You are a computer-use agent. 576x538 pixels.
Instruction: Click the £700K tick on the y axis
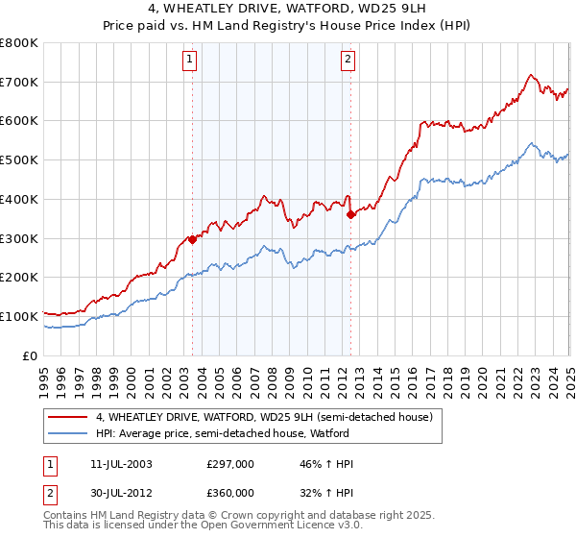pos(20,83)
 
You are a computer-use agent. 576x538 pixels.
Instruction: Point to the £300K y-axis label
pos(20,238)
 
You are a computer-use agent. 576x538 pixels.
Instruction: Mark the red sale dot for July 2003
pos(192,240)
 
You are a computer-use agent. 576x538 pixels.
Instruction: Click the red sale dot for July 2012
pos(350,215)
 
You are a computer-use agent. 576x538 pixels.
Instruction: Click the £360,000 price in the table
pos(229,493)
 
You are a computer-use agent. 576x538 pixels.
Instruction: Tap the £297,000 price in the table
pos(229,464)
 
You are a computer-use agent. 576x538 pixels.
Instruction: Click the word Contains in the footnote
pos(67,515)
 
